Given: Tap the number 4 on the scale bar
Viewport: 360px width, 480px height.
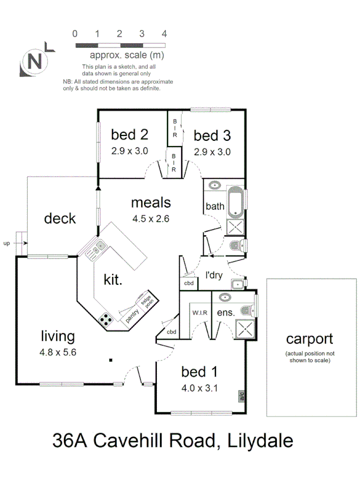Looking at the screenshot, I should point(164,34).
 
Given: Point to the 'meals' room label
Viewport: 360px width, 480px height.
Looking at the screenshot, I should point(151,203).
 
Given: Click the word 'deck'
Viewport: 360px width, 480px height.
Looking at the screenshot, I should point(60,218).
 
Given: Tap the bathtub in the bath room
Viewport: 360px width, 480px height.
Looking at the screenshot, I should point(235,202).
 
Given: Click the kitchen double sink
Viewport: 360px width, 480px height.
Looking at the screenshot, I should point(97,248).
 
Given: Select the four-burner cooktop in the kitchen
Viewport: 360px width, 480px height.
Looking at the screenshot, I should point(107,319).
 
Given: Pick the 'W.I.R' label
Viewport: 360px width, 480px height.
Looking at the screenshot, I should point(200,313).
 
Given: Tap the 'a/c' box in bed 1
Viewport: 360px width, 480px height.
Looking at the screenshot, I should point(241,396).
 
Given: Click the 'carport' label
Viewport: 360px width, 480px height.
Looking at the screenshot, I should point(309,339).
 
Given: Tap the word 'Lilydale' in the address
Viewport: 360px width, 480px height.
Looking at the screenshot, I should point(260,441).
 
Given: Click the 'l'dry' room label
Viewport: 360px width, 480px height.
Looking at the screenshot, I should point(214,276).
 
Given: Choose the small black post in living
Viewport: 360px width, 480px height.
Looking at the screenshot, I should point(110,361).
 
